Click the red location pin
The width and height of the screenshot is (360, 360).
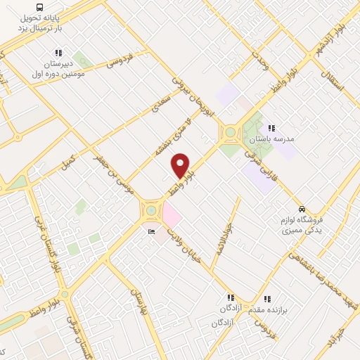[x=181, y=165]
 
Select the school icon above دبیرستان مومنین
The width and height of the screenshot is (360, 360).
[x=58, y=53]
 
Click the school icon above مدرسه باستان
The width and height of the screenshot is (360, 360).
[x=271, y=127]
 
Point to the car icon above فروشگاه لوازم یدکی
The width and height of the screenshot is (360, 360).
[x=302, y=209]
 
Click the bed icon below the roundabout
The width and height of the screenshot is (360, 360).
[x=150, y=232]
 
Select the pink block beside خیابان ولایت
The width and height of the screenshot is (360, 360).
[x=172, y=213]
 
